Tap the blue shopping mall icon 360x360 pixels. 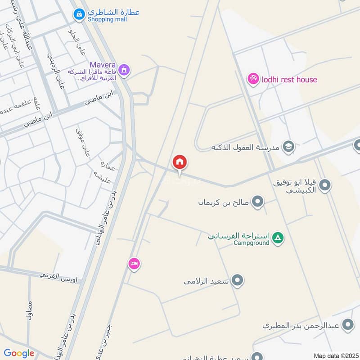pyautogui.click(x=79, y=14)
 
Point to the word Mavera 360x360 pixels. pyautogui.click(x=103, y=65)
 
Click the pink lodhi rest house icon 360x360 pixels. pyautogui.click(x=253, y=79)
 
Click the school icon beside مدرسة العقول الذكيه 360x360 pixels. pyautogui.click(x=288, y=147)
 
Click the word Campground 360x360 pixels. pyautogui.click(x=252, y=243)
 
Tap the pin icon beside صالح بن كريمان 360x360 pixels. pyautogui.click(x=257, y=202)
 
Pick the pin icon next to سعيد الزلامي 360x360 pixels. pyautogui.click(x=238, y=281)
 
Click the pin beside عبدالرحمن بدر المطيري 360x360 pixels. pyautogui.click(x=347, y=324)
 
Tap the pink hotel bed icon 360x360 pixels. pyautogui.click(x=134, y=263)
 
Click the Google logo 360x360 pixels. pyautogui.click(x=19, y=353)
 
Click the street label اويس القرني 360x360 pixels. pyautogui.click(x=58, y=276)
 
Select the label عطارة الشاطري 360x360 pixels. pyautogui.click(x=113, y=12)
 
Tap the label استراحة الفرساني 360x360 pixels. pyautogui.click(x=238, y=235)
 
